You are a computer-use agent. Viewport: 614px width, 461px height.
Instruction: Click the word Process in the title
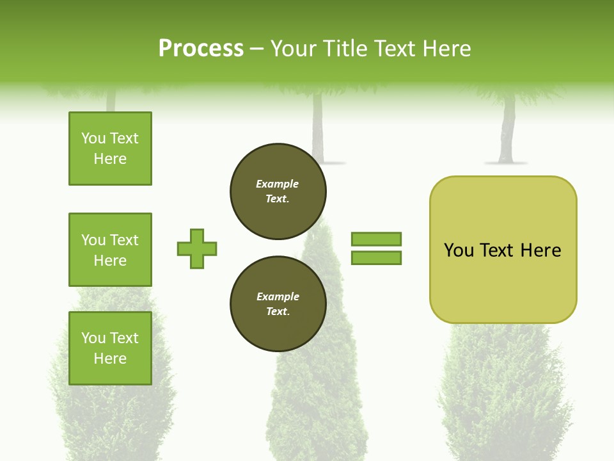(x=201, y=49)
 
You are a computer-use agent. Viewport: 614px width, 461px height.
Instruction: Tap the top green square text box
(x=110, y=149)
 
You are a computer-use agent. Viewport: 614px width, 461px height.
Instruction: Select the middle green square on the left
(x=110, y=250)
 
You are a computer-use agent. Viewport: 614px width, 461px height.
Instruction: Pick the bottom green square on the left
(x=110, y=348)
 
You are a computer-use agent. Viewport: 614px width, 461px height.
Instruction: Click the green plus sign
(x=197, y=248)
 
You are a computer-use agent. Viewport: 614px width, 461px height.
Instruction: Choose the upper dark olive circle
(x=278, y=191)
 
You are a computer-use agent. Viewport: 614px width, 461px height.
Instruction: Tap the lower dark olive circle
(x=278, y=304)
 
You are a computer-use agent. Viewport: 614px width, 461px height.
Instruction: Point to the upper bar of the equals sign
(x=377, y=239)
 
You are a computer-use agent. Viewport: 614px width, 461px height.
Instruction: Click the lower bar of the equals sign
(x=377, y=257)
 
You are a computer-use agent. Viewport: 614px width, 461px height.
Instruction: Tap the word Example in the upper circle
(x=278, y=184)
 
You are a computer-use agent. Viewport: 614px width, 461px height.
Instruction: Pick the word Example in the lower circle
(x=278, y=296)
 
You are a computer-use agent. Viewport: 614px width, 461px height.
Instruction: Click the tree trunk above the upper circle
(x=317, y=128)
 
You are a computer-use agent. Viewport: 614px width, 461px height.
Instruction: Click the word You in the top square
(x=93, y=138)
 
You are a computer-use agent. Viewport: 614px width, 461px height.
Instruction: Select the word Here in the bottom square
(x=110, y=359)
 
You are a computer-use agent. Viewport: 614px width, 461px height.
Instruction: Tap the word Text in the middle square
(x=123, y=240)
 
